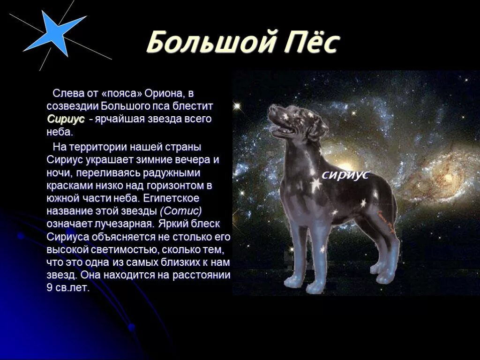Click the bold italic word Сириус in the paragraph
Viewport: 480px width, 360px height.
[x=66, y=119]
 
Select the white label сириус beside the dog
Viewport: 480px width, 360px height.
[x=346, y=175]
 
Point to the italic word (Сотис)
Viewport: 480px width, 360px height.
[x=180, y=210]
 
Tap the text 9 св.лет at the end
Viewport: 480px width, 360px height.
[x=67, y=288]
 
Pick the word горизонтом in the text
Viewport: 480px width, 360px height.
[x=178, y=185]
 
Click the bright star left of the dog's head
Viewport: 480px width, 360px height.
[x=238, y=106]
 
